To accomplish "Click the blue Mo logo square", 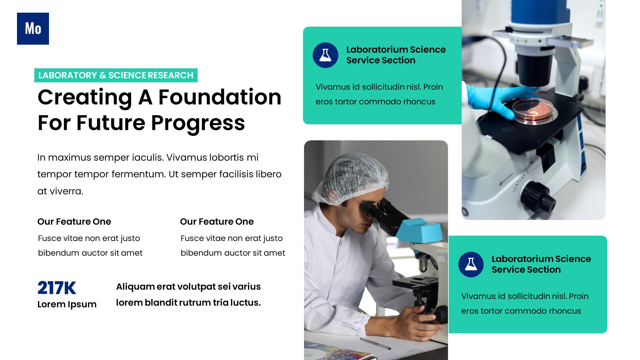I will [33, 29].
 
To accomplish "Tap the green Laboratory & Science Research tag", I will [116, 75].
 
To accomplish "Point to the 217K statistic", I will [57, 288].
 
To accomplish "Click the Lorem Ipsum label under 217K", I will [67, 304].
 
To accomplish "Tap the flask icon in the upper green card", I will [325, 55].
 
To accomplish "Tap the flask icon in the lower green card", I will [471, 264].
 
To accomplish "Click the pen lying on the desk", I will [375, 344].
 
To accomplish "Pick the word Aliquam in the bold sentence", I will [135, 287].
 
